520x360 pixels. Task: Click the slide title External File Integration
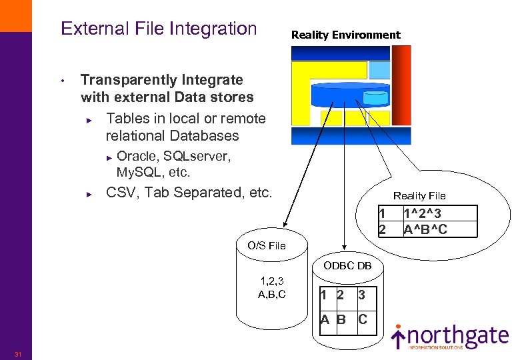pyautogui.click(x=159, y=29)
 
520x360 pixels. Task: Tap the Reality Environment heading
pyautogui.click(x=345, y=35)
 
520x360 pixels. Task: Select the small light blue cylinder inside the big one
pyautogui.click(x=375, y=99)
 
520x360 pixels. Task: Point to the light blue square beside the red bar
pyautogui.click(x=379, y=69)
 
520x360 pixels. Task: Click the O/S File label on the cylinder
pyautogui.click(x=266, y=245)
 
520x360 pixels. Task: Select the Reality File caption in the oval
pyautogui.click(x=419, y=195)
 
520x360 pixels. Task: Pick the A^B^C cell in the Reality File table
pyautogui.click(x=425, y=229)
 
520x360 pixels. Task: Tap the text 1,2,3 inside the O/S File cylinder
pyautogui.click(x=271, y=281)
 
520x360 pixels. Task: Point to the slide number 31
pyautogui.click(x=19, y=353)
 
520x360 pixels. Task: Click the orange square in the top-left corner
pyautogui.click(x=15, y=15)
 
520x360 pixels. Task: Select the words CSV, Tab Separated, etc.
pyautogui.click(x=189, y=193)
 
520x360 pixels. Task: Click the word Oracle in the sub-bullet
pyautogui.click(x=137, y=157)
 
